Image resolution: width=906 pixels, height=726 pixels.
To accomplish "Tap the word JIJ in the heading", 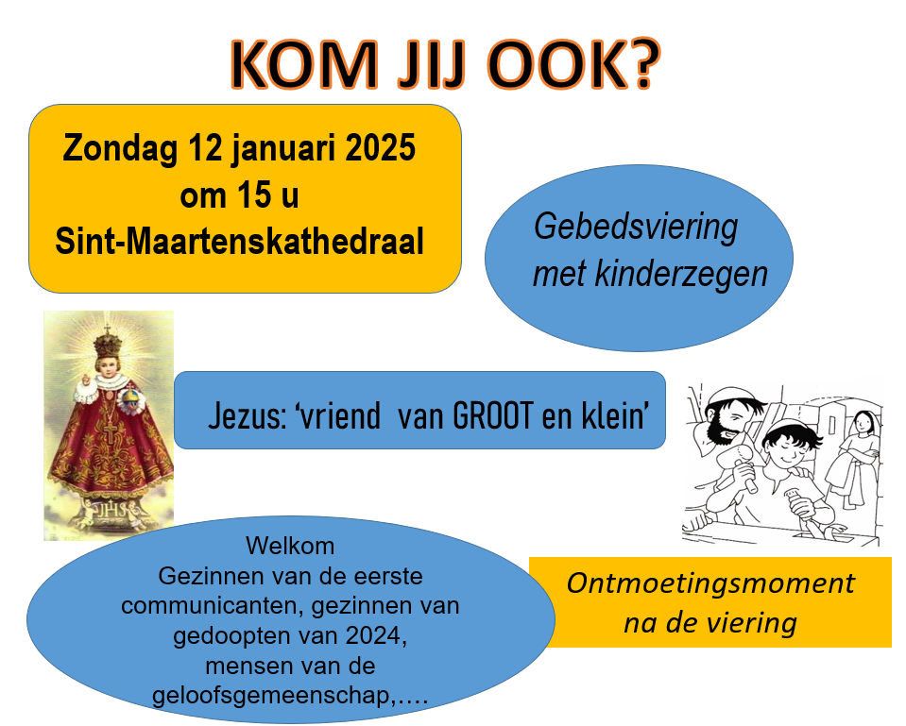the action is [x=431, y=65].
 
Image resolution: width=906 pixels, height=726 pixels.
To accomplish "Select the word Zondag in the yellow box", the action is [x=120, y=148].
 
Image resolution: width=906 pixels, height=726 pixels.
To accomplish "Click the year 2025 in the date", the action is [x=380, y=147].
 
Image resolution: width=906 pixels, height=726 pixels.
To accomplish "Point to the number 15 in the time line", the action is [x=254, y=194].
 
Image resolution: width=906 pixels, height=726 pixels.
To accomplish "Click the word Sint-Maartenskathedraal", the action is [x=239, y=242].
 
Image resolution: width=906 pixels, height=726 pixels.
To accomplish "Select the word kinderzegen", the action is [x=680, y=274].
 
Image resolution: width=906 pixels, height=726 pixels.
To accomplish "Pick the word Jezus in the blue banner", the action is [x=248, y=415].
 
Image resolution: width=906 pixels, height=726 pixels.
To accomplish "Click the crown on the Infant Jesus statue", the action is [x=108, y=343].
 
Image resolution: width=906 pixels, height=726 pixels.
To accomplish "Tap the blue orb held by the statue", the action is [x=131, y=399].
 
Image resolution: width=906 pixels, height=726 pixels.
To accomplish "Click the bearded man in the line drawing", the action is [x=729, y=419].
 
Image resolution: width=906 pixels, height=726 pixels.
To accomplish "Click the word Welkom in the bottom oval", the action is [x=290, y=546].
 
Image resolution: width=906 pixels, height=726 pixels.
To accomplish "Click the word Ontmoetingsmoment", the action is [x=710, y=583].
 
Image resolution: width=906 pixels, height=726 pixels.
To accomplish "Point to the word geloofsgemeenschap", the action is [x=271, y=696].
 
